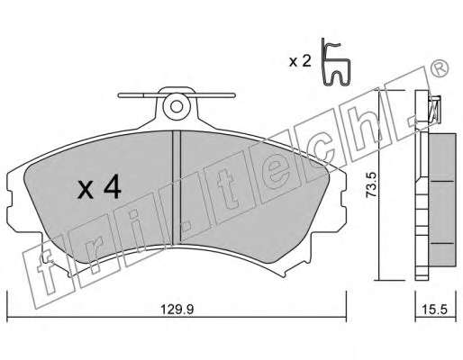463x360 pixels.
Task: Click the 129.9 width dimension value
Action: tap(177, 310)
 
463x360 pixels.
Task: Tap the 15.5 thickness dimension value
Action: tap(436, 310)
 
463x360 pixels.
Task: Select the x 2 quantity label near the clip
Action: tap(299, 61)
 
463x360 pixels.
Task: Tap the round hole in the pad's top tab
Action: tap(177, 107)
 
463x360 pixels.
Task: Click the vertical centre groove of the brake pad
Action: tap(177, 186)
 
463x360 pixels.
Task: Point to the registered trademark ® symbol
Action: tap(440, 69)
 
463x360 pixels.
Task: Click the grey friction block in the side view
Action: tap(442, 200)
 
